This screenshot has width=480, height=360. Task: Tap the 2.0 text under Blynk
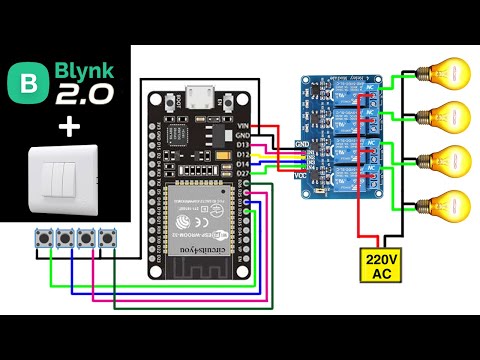tap(84, 97)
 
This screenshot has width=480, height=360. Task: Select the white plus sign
tap(67, 127)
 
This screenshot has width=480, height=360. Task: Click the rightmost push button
tap(106, 240)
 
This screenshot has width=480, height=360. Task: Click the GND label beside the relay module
tap(302, 143)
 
